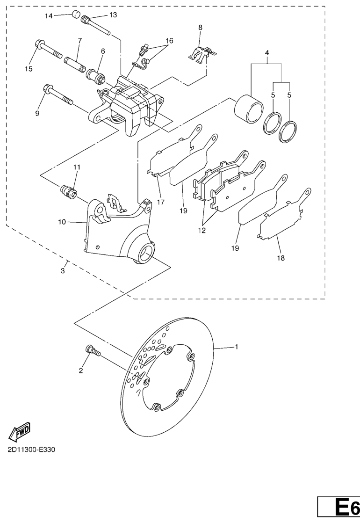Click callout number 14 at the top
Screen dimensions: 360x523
click(x=49, y=16)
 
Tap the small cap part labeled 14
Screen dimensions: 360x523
click(x=77, y=15)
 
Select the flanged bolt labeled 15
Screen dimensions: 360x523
click(x=48, y=49)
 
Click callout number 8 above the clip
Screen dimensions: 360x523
click(x=200, y=27)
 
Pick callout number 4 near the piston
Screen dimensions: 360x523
click(x=267, y=53)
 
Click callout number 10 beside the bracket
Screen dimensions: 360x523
click(x=62, y=222)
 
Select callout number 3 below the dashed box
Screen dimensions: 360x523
click(x=63, y=271)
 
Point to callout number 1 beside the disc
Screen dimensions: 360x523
click(x=237, y=347)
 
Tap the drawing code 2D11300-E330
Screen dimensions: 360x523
click(x=32, y=450)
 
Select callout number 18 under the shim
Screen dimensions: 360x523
click(x=281, y=258)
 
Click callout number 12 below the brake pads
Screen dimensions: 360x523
click(x=202, y=230)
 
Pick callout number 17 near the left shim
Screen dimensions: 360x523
click(x=161, y=202)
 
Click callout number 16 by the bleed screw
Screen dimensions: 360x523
click(x=169, y=41)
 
